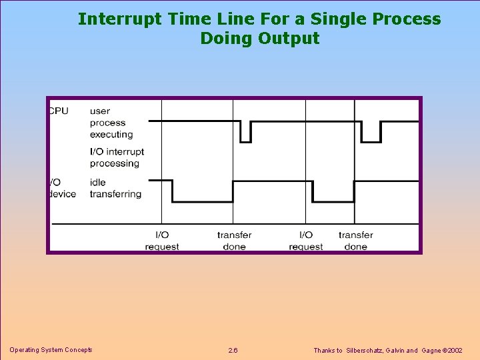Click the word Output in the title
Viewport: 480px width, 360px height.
[x=289, y=38]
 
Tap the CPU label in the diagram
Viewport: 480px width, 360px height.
[x=59, y=111]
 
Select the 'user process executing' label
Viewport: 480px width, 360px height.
[x=111, y=123]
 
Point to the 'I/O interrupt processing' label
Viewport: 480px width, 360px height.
[x=117, y=157]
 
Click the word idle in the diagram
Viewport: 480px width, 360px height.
[x=98, y=182]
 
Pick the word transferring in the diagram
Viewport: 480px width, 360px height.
[x=115, y=194]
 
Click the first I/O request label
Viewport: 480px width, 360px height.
[x=162, y=241]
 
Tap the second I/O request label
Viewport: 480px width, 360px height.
[x=306, y=241]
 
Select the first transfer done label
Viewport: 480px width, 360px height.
[x=234, y=241]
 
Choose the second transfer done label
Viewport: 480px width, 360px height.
[x=355, y=241]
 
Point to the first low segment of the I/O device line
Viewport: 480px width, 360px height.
[x=202, y=201]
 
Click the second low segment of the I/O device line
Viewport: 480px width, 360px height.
[x=333, y=201]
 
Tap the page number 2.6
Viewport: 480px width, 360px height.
[x=233, y=351]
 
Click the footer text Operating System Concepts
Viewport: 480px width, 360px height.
[x=51, y=350]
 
